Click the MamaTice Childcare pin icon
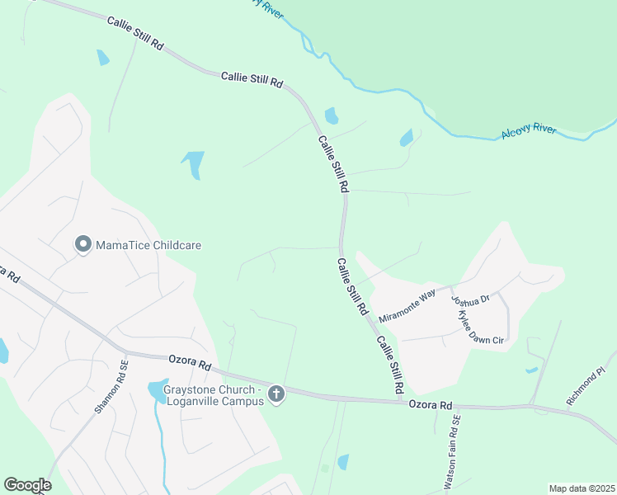pyautogui.click(x=82, y=245)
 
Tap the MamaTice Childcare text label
pyautogui.click(x=148, y=245)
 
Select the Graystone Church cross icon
pyautogui.click(x=276, y=396)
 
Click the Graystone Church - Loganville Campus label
pyautogui.click(x=213, y=395)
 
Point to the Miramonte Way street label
pyautogui.click(x=407, y=306)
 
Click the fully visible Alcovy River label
pyautogui.click(x=529, y=132)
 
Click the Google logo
pyautogui.click(x=27, y=485)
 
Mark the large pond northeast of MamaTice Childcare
pyautogui.click(x=194, y=163)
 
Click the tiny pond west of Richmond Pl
pyautogui.click(x=531, y=370)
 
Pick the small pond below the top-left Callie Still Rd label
pyautogui.click(x=102, y=58)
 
